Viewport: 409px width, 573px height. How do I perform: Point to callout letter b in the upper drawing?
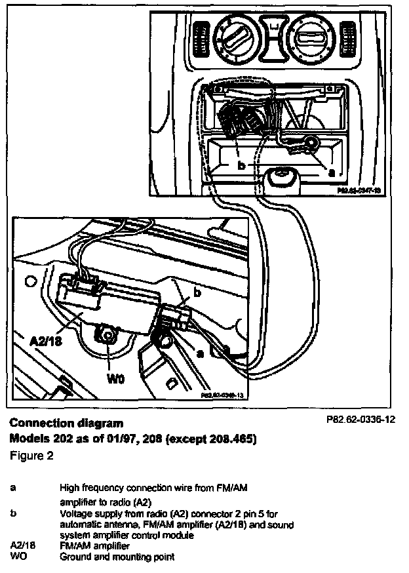pos(241,167)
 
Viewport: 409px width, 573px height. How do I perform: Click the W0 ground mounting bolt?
pos(107,335)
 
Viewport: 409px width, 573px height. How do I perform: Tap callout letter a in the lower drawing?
pos(200,352)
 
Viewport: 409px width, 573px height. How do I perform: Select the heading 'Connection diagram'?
pos(66,423)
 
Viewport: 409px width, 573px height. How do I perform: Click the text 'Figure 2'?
pos(31,454)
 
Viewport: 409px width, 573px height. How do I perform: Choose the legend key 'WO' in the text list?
pos(17,557)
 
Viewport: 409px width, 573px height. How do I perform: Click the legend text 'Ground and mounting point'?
pos(117,557)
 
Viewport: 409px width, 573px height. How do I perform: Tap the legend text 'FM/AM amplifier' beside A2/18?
pos(94,545)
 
